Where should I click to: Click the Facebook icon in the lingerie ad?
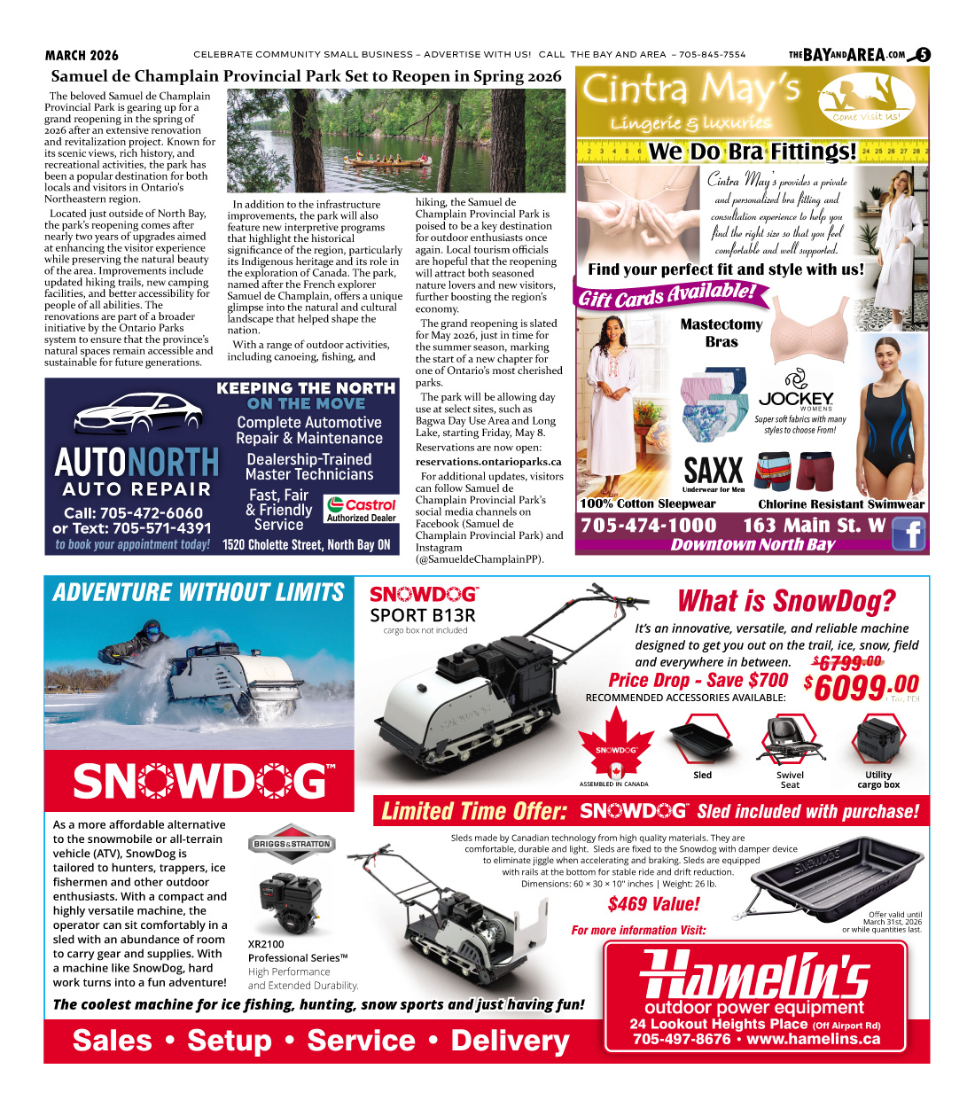[x=909, y=534]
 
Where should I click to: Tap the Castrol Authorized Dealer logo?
[x=361, y=509]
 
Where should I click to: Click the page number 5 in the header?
[x=923, y=55]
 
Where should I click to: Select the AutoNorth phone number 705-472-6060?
[x=133, y=512]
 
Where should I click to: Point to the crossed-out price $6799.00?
[x=846, y=662]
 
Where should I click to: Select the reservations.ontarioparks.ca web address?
[x=488, y=462]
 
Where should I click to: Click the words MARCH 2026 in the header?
[x=82, y=55]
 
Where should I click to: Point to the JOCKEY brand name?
[x=796, y=399]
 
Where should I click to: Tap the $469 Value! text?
[x=653, y=904]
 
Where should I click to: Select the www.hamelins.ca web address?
[x=814, y=1039]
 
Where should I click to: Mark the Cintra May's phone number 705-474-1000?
[x=649, y=526]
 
